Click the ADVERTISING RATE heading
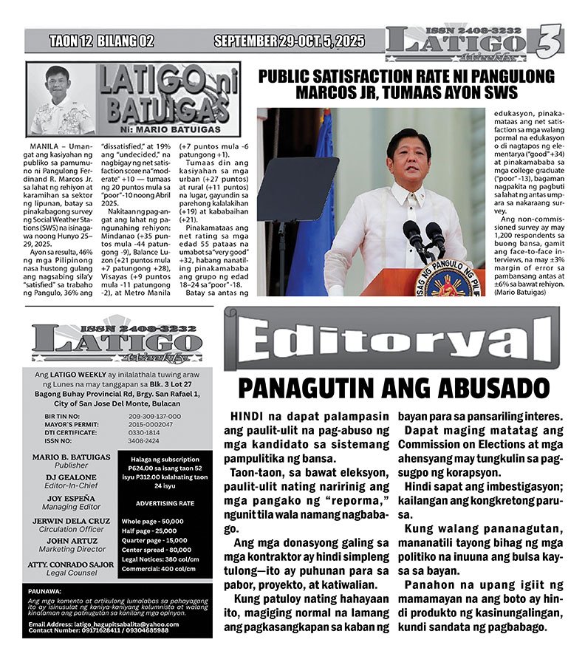(166, 502)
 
